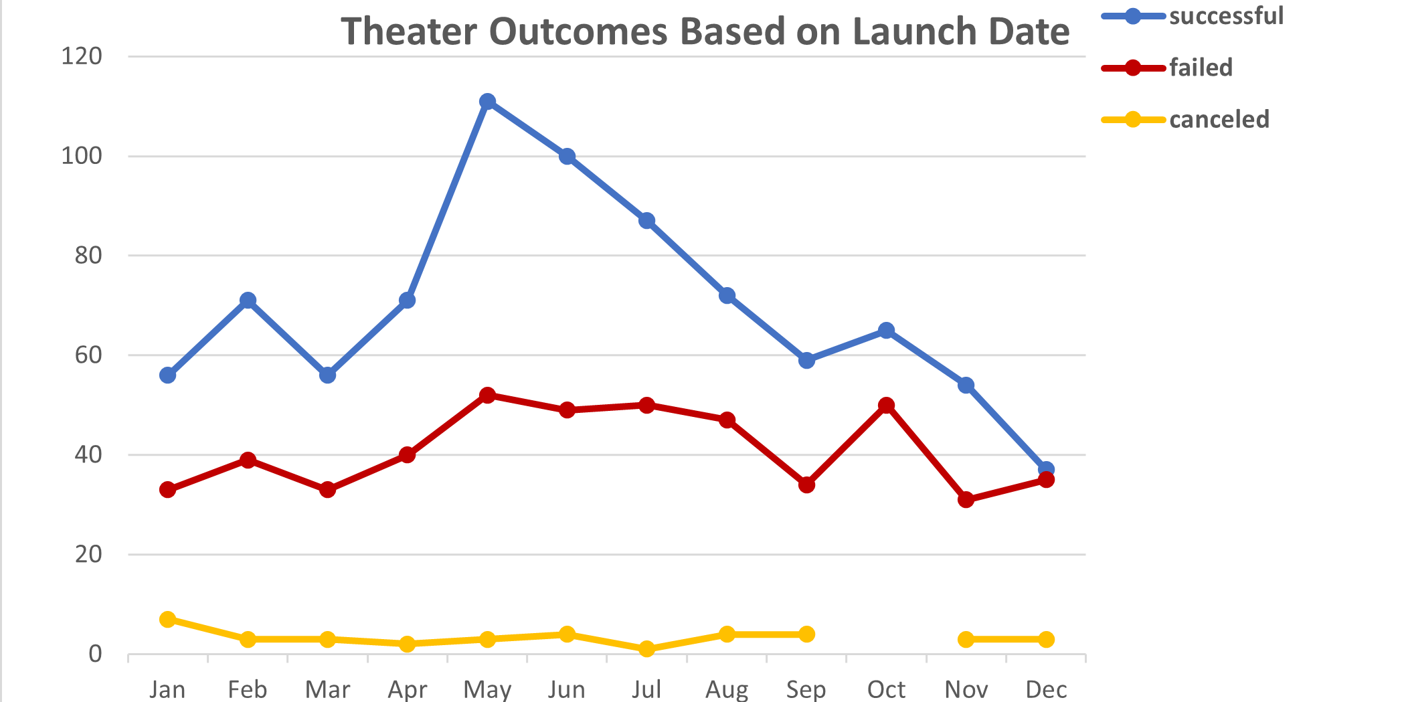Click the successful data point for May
[487, 102]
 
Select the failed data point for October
[886, 406]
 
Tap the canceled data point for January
[168, 619]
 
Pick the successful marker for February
[248, 300]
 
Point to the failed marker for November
[966, 500]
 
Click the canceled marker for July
[646, 649]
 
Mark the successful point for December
[1046, 470]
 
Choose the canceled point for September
[806, 634]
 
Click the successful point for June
[567, 157]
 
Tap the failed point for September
[806, 485]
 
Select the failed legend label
[1201, 68]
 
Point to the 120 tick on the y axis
[82, 56]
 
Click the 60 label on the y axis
[88, 355]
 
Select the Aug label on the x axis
[727, 689]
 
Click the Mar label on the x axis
[327, 689]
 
